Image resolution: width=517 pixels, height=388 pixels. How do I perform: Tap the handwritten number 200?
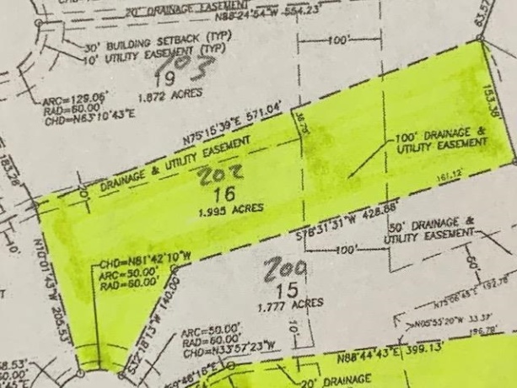(x=284, y=272)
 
